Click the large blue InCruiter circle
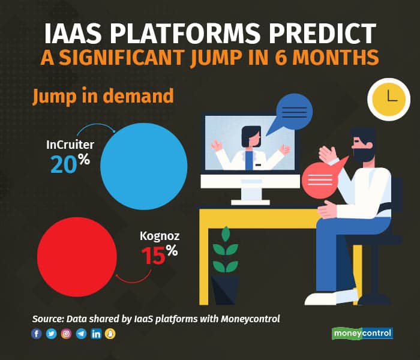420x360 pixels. pos(144,166)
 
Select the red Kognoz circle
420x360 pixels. pos(77,257)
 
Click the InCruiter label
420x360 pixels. pos(70,145)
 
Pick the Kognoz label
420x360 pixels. pos(160,236)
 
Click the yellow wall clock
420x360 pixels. pos(389,100)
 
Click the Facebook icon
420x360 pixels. pos(37,334)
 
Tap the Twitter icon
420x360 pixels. pos(51,334)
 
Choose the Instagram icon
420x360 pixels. pos(66,334)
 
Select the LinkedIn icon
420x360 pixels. pos(96,334)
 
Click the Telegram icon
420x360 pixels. pos(81,334)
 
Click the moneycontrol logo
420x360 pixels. pos(362,334)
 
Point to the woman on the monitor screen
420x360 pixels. pos(250,149)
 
